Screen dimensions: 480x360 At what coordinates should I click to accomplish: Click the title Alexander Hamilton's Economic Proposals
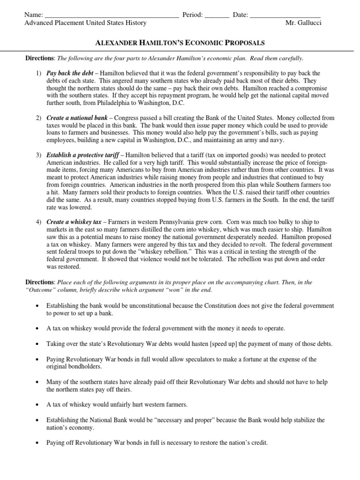180,43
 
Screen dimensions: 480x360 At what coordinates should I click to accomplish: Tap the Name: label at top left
35,15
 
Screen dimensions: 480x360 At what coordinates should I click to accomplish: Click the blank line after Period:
217,16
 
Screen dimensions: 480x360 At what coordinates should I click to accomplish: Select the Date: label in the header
240,15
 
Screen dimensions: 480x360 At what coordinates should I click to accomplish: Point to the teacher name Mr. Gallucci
303,23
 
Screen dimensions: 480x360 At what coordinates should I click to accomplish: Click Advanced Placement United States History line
85,23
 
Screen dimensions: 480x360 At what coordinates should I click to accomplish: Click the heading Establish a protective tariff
82,155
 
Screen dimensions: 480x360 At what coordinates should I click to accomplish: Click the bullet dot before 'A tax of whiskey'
37,405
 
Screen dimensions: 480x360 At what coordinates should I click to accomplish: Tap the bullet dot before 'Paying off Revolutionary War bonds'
37,442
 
